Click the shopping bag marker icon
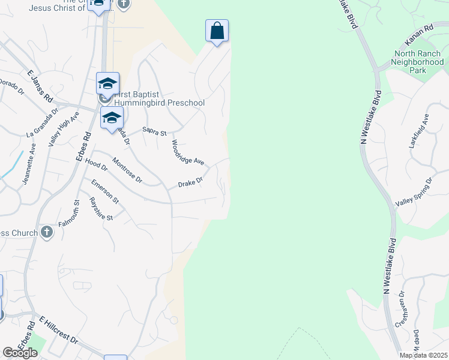pyautogui.click(x=217, y=31)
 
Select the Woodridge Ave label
pyautogui.click(x=188, y=153)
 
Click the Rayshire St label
pyautogui.click(x=101, y=209)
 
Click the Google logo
pyautogui.click(x=20, y=353)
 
